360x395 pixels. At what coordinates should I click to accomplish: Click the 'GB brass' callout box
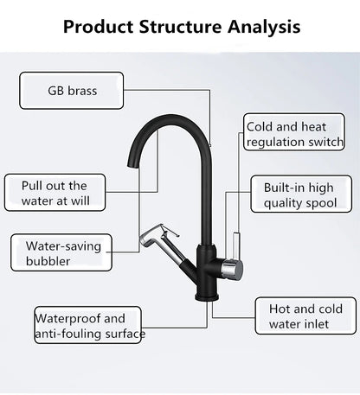[71, 91]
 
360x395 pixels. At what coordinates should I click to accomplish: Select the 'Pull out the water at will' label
[55, 194]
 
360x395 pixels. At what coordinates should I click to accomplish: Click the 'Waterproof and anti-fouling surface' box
[89, 326]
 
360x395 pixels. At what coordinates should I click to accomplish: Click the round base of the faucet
[202, 296]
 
